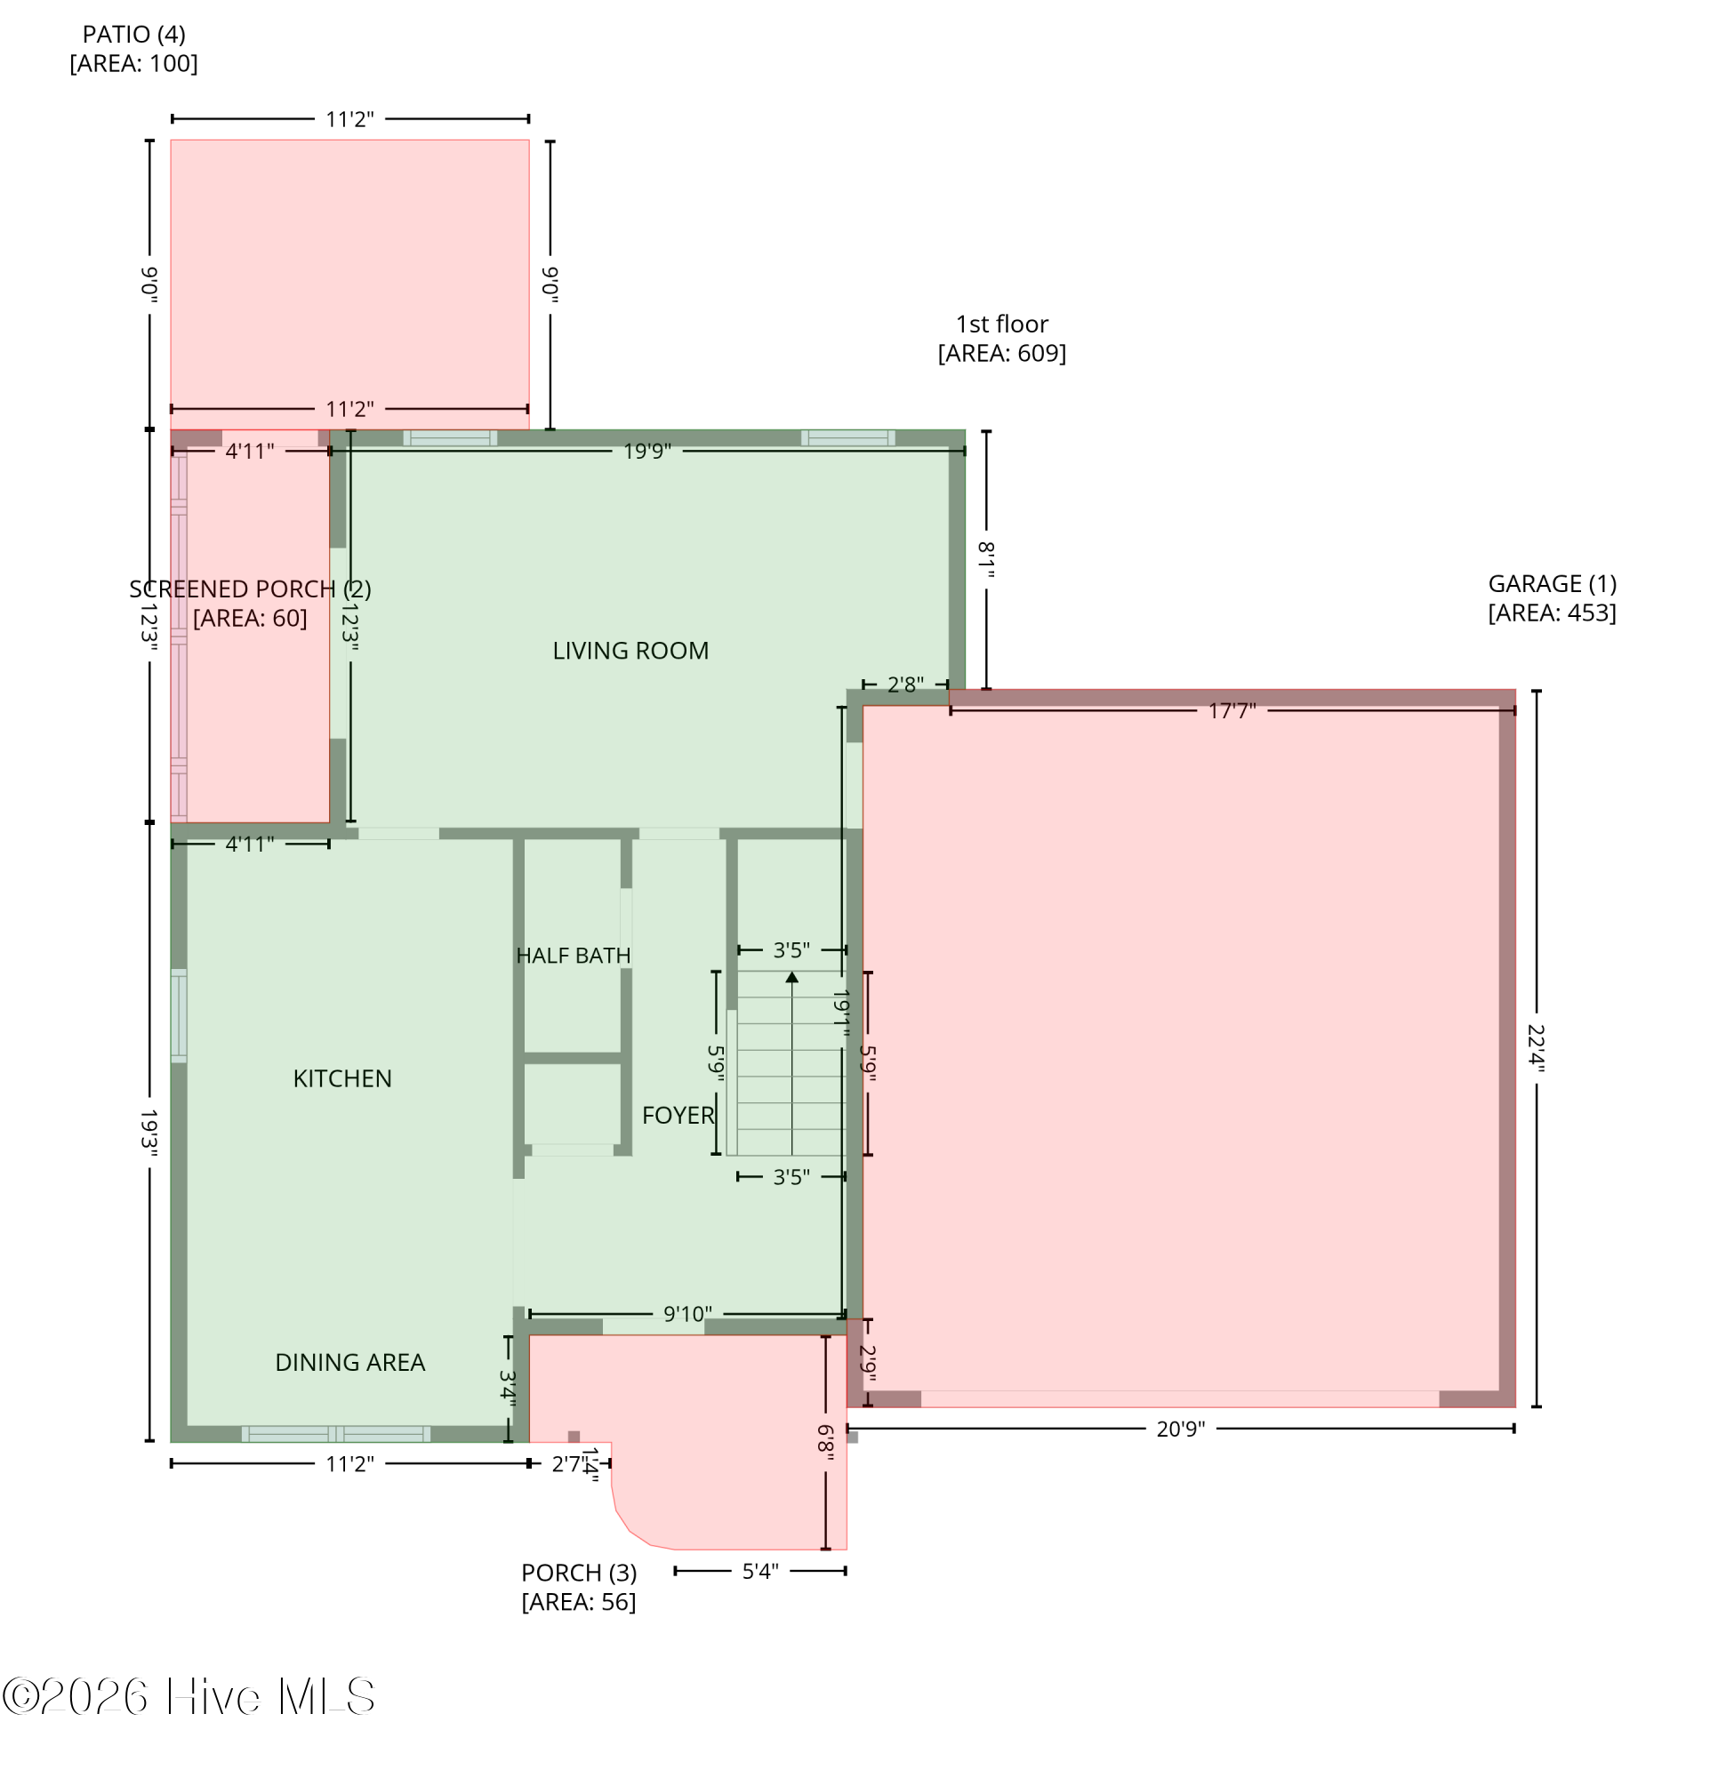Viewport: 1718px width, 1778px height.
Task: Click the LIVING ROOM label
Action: point(630,651)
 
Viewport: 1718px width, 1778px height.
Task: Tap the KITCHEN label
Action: point(342,1078)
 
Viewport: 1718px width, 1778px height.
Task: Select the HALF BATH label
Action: point(573,955)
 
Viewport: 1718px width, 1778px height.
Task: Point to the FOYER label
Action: point(677,1115)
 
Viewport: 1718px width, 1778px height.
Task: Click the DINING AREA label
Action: point(349,1362)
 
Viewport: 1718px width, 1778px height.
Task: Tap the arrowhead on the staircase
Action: point(791,977)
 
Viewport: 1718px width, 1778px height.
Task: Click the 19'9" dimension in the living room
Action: point(646,451)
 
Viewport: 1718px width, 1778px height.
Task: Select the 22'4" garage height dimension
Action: point(1535,1048)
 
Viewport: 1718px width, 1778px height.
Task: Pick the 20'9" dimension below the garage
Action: point(1180,1429)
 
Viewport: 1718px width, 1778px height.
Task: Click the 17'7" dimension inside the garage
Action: point(1231,711)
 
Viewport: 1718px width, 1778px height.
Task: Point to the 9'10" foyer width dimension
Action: point(687,1314)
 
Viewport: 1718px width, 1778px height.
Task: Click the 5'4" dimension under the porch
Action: point(759,1571)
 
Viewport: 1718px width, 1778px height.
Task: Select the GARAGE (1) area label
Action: point(1551,597)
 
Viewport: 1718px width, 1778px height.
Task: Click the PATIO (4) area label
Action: point(133,48)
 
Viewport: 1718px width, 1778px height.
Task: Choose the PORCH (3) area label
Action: point(578,1587)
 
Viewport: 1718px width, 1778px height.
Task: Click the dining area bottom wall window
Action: point(336,1433)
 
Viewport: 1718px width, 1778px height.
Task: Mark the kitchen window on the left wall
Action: point(179,1015)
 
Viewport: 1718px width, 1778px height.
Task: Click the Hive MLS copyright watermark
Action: point(189,1696)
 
